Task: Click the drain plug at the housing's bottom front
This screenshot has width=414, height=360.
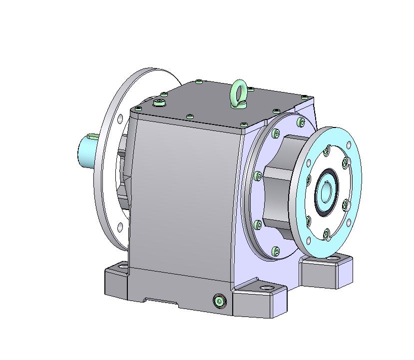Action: click(x=219, y=300)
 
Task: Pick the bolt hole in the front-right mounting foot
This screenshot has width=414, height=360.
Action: click(x=266, y=288)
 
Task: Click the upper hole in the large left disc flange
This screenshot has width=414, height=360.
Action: click(x=120, y=118)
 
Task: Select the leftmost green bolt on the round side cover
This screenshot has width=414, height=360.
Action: click(x=258, y=175)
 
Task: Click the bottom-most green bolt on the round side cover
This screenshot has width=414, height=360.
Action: click(x=276, y=250)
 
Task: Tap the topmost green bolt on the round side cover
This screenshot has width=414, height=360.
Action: click(x=300, y=121)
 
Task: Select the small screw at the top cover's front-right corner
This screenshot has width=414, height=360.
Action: click(x=244, y=124)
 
